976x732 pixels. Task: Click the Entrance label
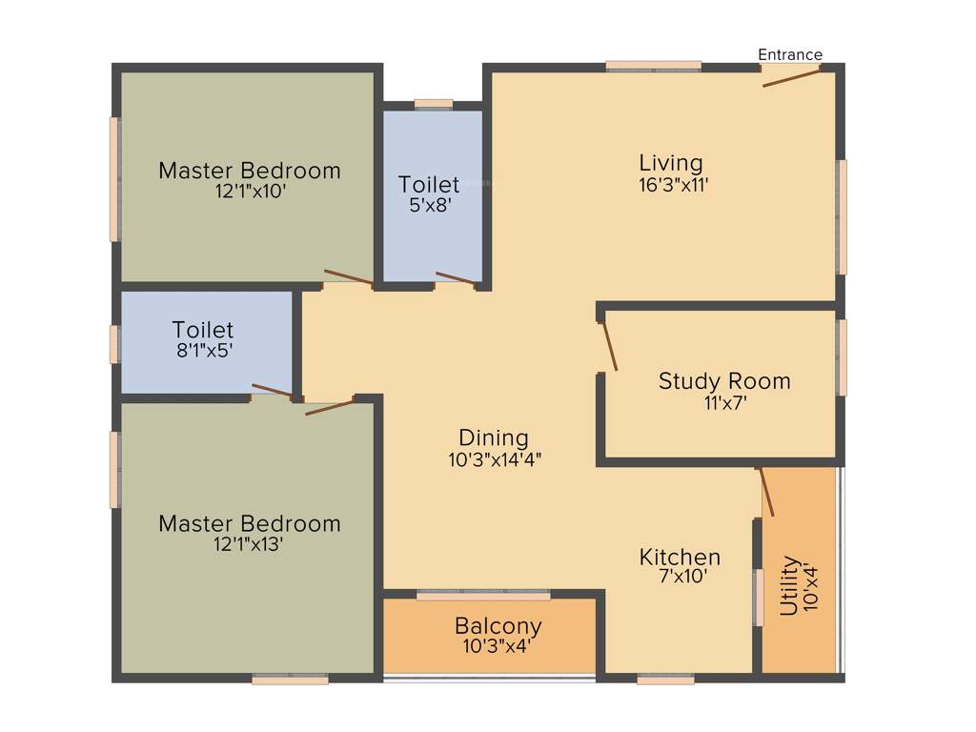789,54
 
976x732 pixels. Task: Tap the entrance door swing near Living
791,76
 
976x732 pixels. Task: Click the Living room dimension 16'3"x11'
673,185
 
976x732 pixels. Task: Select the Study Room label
724,381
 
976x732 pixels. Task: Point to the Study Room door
608,345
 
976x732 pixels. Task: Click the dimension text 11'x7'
724,402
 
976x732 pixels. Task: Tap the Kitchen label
680,557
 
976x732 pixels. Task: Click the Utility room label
789,586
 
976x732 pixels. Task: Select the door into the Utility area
765,492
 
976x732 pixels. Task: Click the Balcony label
498,626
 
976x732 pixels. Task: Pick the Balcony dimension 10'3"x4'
498,645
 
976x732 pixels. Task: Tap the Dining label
494,437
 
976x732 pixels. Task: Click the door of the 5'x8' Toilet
456,278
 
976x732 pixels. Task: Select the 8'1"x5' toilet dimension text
202,350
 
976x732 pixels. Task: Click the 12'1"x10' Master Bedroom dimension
249,191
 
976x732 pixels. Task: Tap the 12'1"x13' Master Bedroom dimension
249,544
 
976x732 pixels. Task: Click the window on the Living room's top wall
654,66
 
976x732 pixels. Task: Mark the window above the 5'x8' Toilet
434,104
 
